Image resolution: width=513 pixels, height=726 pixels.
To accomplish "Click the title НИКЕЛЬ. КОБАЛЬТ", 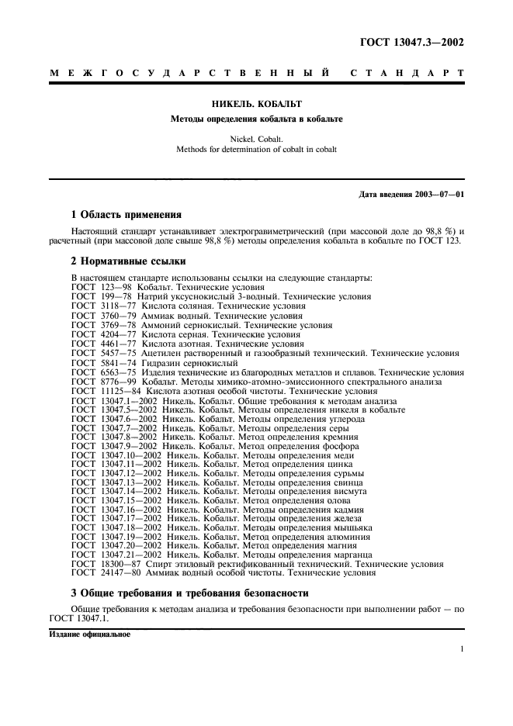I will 256,103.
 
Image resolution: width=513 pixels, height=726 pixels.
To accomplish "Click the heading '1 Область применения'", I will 127,214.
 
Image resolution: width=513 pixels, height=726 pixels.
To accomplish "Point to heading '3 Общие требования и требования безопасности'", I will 189,593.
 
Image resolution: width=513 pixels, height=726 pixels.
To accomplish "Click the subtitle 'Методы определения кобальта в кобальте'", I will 256,119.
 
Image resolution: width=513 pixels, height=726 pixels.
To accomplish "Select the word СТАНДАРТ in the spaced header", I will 407,74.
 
